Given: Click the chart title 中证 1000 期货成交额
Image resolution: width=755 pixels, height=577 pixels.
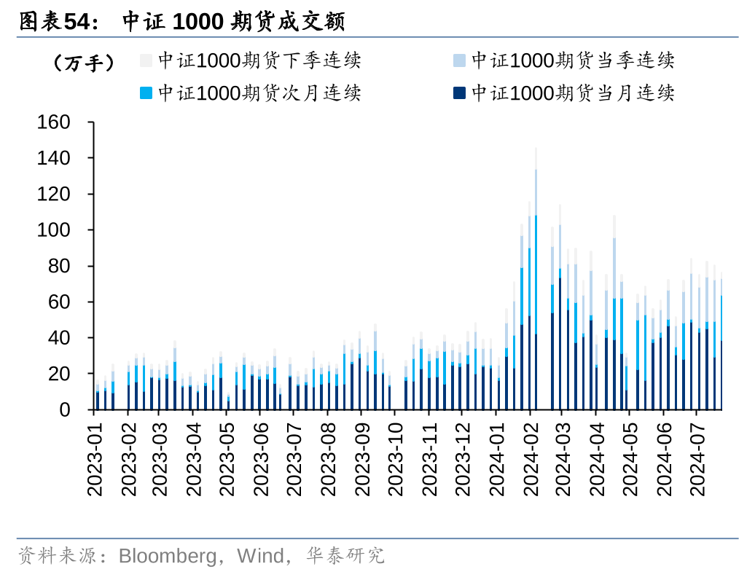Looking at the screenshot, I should coord(232,22).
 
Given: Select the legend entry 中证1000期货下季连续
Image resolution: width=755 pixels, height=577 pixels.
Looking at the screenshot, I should coord(259,60).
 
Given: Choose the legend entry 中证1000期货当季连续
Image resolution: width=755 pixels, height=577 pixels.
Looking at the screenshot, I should coord(572,60).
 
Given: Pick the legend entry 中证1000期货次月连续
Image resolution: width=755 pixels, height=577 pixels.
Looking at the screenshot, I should coord(259,93).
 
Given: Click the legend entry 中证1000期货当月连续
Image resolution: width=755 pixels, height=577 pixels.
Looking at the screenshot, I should coord(572,93).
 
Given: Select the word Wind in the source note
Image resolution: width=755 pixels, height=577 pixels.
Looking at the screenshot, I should coord(260,557).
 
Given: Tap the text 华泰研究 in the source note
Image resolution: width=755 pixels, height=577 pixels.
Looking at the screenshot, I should coord(345,557).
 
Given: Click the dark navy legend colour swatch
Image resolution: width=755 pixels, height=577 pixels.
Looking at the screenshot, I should coord(458,93).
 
